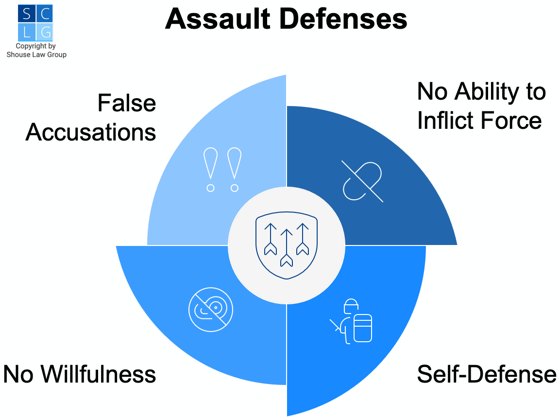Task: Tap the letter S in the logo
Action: (x=26, y=14)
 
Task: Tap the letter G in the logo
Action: (x=45, y=32)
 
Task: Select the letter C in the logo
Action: (x=45, y=14)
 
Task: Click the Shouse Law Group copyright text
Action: (x=36, y=51)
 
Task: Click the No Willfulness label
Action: (x=80, y=374)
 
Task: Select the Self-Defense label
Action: (x=486, y=374)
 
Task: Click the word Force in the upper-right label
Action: (x=513, y=120)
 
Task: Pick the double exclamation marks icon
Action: (x=222, y=170)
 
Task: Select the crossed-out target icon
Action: (x=211, y=309)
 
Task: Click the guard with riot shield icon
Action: (x=352, y=321)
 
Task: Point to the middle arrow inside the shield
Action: (x=287, y=248)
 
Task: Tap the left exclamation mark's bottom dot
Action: (x=210, y=188)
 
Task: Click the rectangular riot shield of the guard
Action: (x=362, y=329)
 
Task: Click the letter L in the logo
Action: (x=26, y=32)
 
